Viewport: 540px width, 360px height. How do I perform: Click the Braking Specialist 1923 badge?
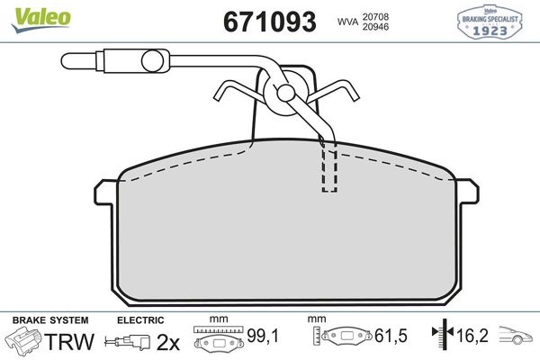[495, 21]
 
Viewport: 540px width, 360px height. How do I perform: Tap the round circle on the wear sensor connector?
[152, 61]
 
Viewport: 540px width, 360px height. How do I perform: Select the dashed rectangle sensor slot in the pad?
[330, 168]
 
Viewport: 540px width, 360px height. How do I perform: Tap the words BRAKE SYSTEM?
[49, 320]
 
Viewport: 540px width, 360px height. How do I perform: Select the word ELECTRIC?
[139, 320]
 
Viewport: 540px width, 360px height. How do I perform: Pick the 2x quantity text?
[167, 341]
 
